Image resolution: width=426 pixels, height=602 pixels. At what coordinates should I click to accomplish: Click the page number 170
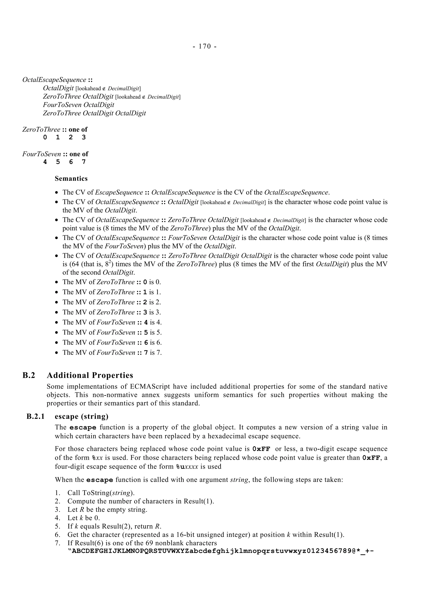pyautogui.click(x=205, y=46)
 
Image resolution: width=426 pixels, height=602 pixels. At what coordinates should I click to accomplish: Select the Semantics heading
pyautogui.click(x=71, y=179)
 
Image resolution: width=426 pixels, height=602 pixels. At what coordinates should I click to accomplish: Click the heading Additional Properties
pyautogui.click(x=90, y=375)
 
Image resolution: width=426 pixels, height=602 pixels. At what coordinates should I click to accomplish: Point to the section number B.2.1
pyautogui.click(x=35, y=416)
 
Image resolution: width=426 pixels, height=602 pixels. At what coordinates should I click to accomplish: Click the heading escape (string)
pyautogui.click(x=81, y=416)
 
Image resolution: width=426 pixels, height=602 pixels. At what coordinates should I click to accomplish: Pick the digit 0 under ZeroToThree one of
pyautogui.click(x=45, y=137)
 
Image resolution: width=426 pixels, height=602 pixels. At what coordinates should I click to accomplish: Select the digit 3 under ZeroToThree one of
pyautogui.click(x=84, y=137)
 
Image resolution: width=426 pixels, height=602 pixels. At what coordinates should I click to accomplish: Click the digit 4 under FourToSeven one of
pyautogui.click(x=45, y=162)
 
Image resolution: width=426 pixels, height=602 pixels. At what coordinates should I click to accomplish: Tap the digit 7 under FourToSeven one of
pyautogui.click(x=84, y=162)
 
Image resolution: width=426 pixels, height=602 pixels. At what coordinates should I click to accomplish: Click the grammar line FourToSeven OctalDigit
pyautogui.click(x=78, y=105)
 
